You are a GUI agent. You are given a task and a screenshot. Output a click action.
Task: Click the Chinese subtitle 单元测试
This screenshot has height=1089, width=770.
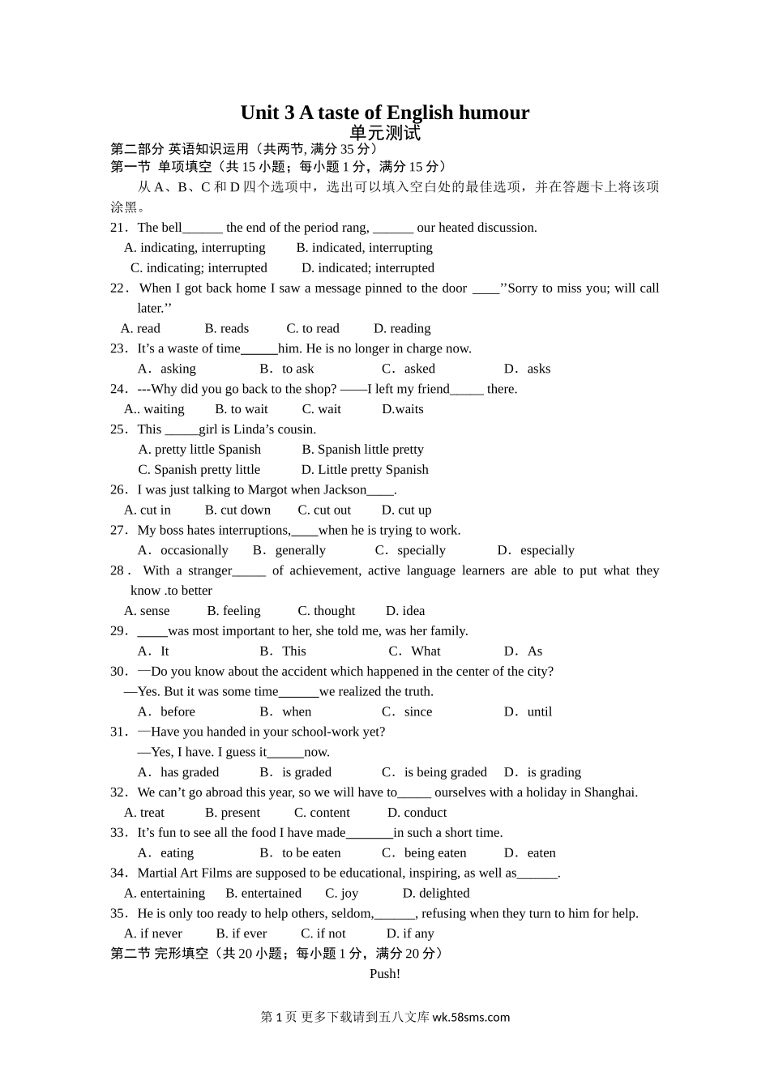pos(385,132)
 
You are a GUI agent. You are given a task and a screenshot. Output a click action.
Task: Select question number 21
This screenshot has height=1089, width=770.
pos(119,228)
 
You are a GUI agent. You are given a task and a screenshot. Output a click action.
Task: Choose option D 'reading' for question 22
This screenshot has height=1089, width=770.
pos(402,328)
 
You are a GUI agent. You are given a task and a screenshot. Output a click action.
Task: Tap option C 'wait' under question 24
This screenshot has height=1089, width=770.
pos(322,409)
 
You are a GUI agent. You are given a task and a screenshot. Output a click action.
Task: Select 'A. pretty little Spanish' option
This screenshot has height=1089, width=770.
pos(199,450)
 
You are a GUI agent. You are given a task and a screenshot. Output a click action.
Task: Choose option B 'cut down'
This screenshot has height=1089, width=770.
pos(237,510)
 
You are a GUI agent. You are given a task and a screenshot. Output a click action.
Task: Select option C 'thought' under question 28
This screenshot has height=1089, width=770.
pos(327,611)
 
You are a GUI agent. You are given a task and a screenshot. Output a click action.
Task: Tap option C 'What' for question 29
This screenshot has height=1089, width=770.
pos(415,651)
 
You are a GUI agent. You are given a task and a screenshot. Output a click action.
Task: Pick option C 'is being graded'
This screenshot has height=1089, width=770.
pos(435,772)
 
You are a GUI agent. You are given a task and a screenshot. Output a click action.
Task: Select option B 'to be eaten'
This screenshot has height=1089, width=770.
pos(301,853)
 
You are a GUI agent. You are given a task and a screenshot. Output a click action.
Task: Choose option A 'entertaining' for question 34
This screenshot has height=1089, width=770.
pos(165,894)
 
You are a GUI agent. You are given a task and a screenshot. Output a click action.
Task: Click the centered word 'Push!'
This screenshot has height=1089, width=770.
pos(385,974)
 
